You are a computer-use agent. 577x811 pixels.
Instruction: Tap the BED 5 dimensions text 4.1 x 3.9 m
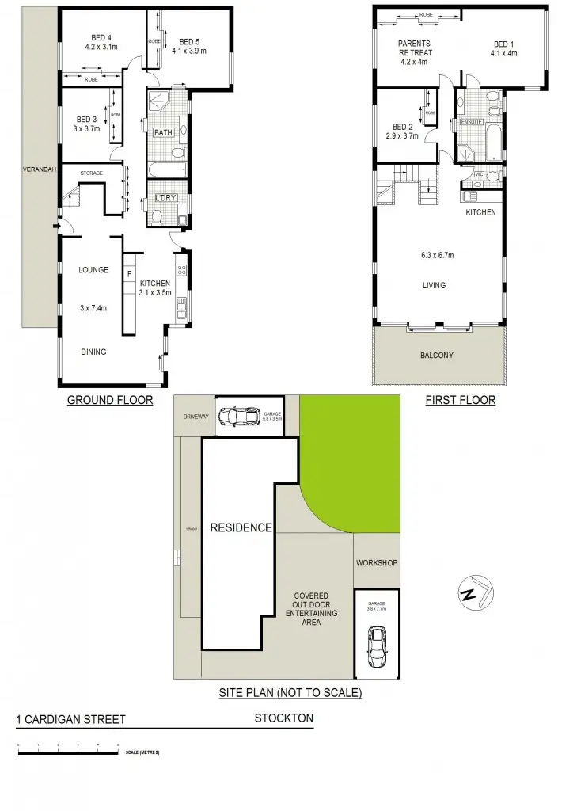click(188, 51)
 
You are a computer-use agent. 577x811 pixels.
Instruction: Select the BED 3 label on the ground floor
click(86, 120)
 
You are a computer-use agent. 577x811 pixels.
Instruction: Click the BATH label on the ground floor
click(164, 133)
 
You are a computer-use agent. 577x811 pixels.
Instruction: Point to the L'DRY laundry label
click(166, 197)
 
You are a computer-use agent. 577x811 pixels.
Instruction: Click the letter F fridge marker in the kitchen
click(129, 275)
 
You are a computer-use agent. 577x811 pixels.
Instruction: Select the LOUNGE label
click(93, 270)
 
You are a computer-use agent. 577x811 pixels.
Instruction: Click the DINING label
click(93, 352)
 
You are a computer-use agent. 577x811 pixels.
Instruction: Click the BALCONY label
click(436, 356)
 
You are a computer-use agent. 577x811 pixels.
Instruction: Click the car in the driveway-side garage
click(237, 416)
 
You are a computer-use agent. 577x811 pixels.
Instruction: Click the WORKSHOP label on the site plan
click(376, 563)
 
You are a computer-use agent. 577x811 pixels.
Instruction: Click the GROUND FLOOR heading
click(110, 400)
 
